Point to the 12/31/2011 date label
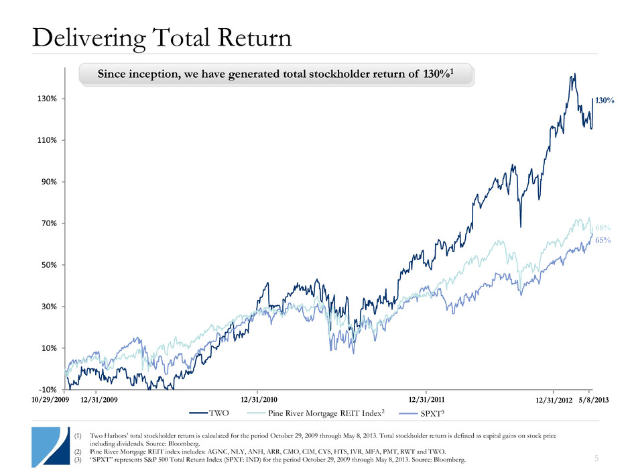point(426,400)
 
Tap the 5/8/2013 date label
point(595,401)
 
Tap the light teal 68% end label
point(604,229)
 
